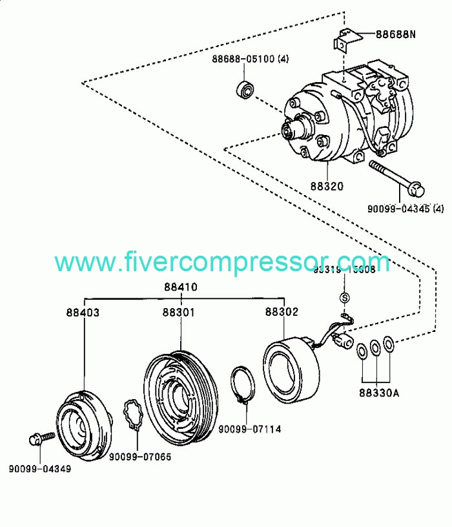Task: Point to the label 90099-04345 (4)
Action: pos(406,208)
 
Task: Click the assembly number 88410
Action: pos(180,287)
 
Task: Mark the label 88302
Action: pos(282,312)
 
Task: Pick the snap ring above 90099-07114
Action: pos(243,387)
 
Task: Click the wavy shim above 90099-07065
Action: pos(134,417)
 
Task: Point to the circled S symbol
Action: pos(344,298)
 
